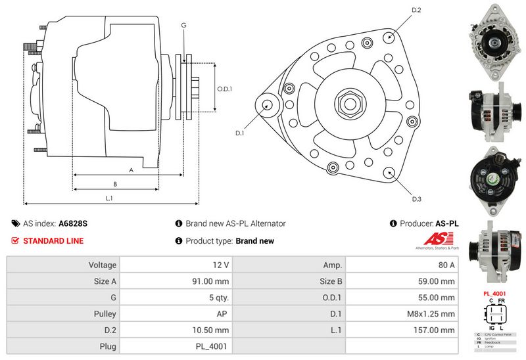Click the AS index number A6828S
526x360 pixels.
pos(73,223)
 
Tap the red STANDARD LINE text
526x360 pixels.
pos(53,241)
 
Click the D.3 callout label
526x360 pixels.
pos(416,199)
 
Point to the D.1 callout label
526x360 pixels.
pos(240,133)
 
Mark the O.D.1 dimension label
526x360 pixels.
pos(225,89)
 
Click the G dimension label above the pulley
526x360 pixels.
pos(183,25)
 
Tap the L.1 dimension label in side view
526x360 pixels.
pos(110,198)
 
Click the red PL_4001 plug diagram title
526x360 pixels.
pos(492,294)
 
